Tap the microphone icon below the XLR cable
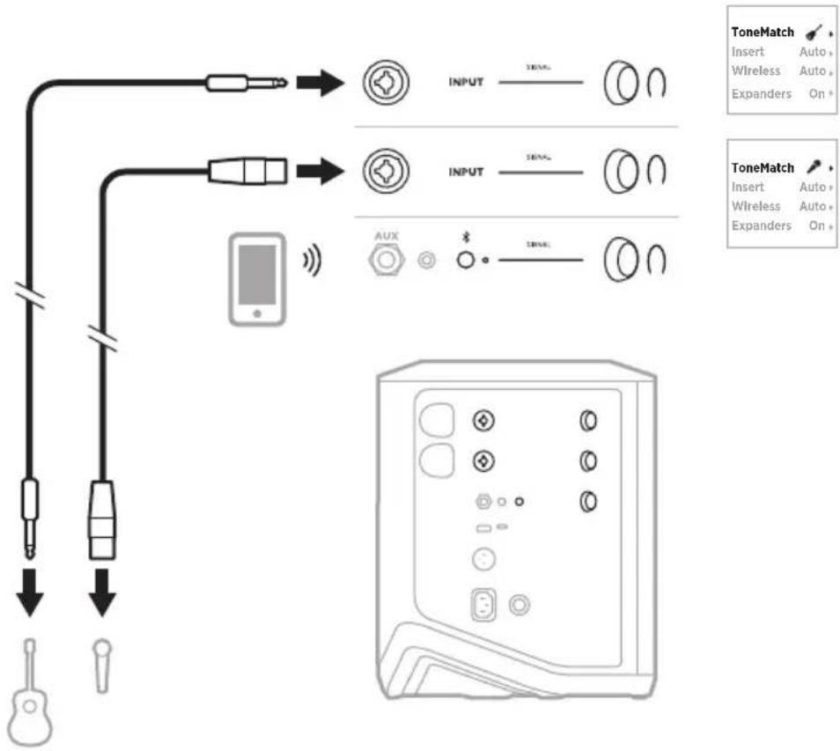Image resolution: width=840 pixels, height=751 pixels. click(103, 663)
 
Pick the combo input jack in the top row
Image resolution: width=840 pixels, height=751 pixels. click(383, 84)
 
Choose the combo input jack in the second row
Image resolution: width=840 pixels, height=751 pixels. click(383, 171)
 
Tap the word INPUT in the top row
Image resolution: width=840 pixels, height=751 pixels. click(467, 85)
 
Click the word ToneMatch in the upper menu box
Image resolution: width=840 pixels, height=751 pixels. click(763, 32)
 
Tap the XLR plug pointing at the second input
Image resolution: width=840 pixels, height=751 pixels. click(247, 170)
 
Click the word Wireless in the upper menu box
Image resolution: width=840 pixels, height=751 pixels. click(755, 70)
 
